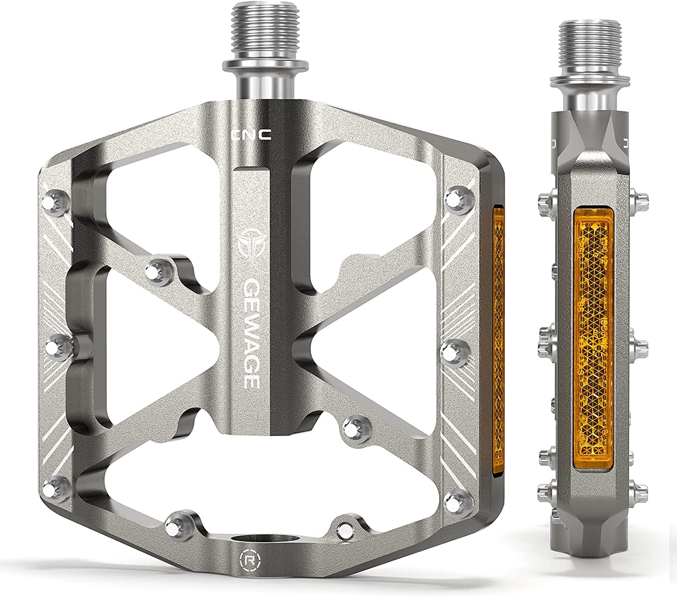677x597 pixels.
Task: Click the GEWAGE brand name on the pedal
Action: (x=251, y=334)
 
